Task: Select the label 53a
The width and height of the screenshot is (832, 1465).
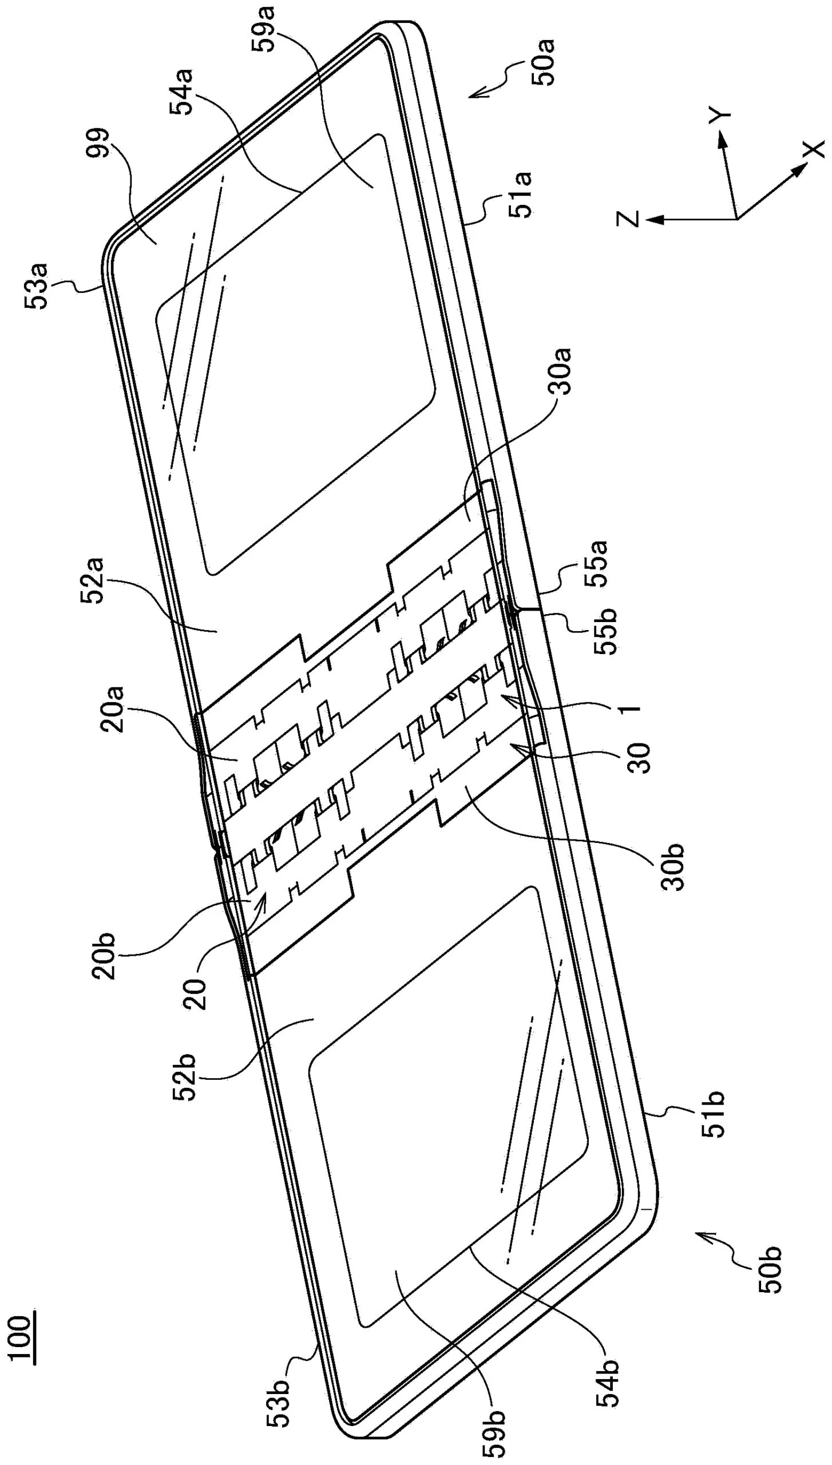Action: click(38, 286)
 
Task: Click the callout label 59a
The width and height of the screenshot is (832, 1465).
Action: click(267, 27)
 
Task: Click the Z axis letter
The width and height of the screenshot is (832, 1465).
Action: click(628, 219)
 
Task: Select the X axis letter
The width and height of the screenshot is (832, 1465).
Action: click(813, 149)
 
